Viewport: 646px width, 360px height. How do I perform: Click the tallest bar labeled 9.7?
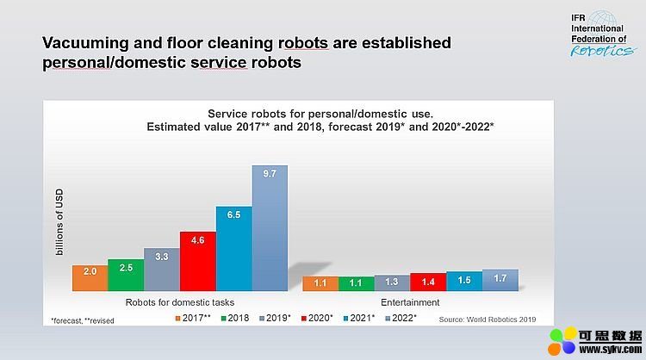(270, 228)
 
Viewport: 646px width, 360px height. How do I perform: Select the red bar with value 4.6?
(198, 261)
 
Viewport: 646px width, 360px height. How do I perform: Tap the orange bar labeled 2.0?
(90, 278)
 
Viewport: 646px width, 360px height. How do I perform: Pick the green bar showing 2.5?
(126, 275)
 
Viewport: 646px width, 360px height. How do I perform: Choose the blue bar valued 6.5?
(234, 249)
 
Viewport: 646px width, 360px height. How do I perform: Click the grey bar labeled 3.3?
(162, 270)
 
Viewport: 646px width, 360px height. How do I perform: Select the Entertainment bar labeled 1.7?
(500, 280)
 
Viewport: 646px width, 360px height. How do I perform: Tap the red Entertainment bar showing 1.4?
(428, 282)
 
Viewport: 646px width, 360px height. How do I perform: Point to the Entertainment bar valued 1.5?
(464, 282)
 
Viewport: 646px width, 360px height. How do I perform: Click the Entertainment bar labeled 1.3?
(392, 283)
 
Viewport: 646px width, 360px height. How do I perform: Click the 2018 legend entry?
(235, 318)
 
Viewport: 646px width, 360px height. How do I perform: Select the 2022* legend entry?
(401, 318)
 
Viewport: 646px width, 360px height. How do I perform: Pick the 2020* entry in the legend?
(317, 318)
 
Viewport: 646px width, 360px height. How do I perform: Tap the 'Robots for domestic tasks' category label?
(180, 302)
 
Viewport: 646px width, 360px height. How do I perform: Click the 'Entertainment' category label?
(410, 302)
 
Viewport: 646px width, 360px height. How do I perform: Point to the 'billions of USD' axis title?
(59, 222)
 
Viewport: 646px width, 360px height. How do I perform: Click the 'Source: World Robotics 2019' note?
(488, 320)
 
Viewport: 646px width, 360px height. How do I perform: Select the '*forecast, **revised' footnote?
(83, 321)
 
